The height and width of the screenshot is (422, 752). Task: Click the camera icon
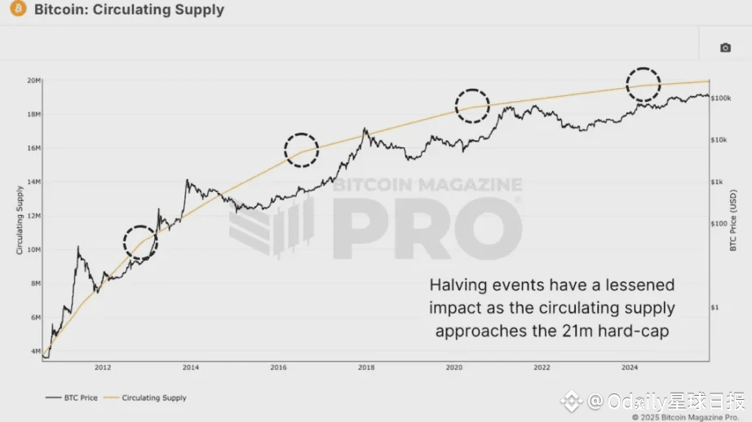(725, 48)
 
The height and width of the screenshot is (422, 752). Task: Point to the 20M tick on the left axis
(33, 81)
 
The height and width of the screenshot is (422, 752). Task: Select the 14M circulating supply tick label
(33, 182)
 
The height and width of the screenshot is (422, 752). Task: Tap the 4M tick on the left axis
(35, 352)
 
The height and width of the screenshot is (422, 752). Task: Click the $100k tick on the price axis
(721, 99)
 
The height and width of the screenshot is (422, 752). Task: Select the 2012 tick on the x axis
(103, 367)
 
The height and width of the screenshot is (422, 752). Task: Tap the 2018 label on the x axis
(366, 367)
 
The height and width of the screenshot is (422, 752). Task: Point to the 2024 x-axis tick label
(630, 367)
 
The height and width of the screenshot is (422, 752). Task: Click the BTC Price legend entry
(73, 398)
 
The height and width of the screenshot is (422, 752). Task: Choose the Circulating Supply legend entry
(154, 398)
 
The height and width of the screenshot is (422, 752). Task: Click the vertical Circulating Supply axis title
(20, 220)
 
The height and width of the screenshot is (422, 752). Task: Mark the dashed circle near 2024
(643, 83)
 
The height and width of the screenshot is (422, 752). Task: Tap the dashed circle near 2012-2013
(139, 242)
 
